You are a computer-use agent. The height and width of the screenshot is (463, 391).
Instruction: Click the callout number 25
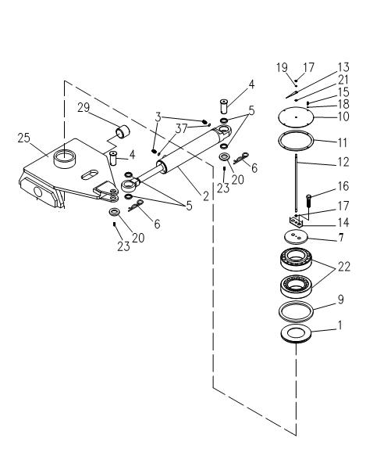click(x=24, y=138)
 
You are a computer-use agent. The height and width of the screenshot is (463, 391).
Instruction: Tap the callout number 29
click(x=84, y=107)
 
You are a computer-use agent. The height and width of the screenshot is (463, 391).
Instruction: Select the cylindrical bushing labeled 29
click(x=123, y=131)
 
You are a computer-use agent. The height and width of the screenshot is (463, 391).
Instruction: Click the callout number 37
click(x=181, y=128)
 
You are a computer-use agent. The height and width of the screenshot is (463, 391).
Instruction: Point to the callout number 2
click(x=206, y=196)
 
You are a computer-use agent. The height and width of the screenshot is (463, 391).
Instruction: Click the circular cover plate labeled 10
click(x=296, y=117)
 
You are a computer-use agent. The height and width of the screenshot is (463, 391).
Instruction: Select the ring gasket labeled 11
click(x=296, y=142)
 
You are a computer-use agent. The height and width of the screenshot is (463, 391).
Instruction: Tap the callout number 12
click(x=343, y=162)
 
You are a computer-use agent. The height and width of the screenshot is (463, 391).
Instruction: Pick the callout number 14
click(x=343, y=222)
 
